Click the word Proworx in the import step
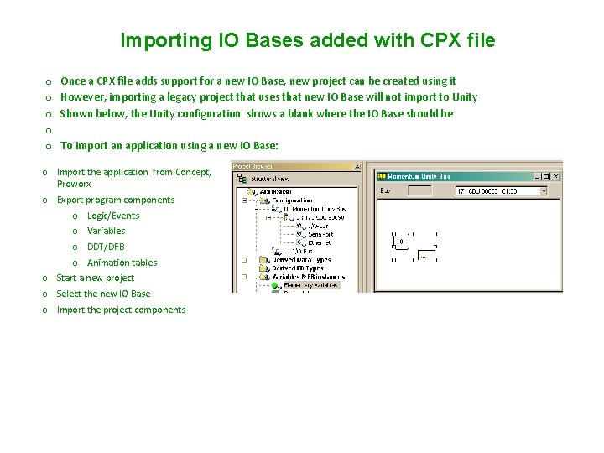pos(74,184)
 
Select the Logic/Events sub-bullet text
pos(113,216)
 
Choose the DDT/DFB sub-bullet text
pos(106,247)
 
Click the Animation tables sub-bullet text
pos(122,263)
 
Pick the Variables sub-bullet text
pos(107,231)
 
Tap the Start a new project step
pos(95,278)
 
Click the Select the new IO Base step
pos(103,294)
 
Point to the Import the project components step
pos(121,310)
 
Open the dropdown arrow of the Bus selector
pos(543,191)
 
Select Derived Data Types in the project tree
pos(301,260)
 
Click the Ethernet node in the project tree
pos(320,242)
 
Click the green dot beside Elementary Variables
pos(274,285)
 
